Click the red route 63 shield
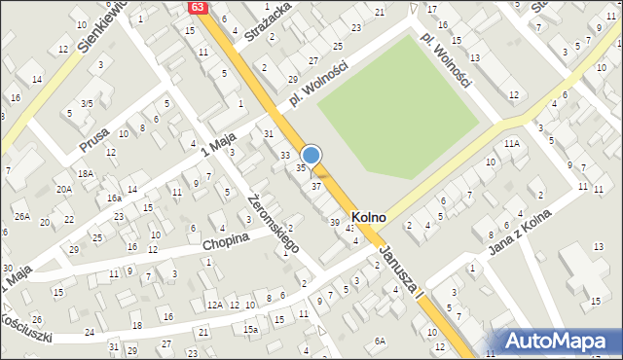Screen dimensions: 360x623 pos(199,7)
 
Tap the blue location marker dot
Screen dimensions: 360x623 pos(311,154)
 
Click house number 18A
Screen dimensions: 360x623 pos(87,172)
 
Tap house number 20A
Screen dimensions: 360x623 pos(64,189)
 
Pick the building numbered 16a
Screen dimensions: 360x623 pos(114,198)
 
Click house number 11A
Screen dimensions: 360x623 pos(512,143)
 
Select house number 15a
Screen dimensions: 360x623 pos(251,330)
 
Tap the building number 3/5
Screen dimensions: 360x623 pos(87,103)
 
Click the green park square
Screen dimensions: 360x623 pos(399,107)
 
